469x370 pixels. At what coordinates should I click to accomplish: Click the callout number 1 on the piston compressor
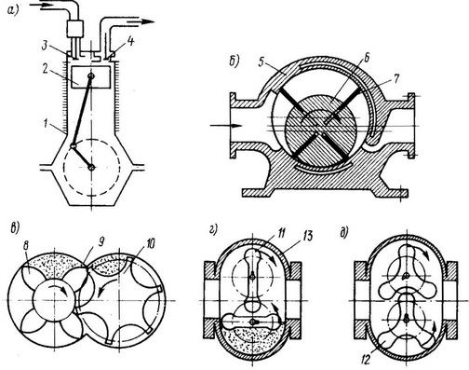point(46,125)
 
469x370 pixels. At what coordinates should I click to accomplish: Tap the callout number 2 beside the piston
point(47,70)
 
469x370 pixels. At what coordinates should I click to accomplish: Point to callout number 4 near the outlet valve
point(131,42)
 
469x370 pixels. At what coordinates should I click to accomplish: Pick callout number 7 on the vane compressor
point(395,79)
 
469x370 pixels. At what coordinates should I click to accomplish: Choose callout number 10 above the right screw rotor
point(150,244)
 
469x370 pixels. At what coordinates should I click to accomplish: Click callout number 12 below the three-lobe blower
point(366,361)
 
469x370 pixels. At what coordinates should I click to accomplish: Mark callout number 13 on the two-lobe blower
point(307,236)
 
